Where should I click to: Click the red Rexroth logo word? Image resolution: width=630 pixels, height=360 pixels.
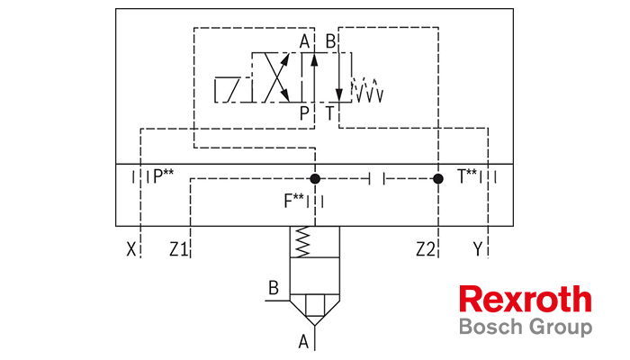pyautogui.click(x=526, y=299)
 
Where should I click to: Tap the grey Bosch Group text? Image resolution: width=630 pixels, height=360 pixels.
pyautogui.click(x=526, y=327)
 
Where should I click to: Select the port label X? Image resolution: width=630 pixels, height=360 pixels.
pyautogui.click(x=131, y=249)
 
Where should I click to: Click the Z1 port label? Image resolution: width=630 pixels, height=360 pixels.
pyautogui.click(x=178, y=249)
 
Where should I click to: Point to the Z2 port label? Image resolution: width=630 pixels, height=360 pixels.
pyautogui.click(x=426, y=249)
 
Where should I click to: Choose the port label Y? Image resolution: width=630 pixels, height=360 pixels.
pyautogui.click(x=477, y=249)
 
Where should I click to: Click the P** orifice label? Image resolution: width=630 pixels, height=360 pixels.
pyautogui.click(x=164, y=176)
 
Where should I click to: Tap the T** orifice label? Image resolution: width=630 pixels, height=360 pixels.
pyautogui.click(x=467, y=176)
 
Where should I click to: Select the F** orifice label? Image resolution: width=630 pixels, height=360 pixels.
pyautogui.click(x=293, y=201)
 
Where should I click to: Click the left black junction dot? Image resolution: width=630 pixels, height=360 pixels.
pyautogui.click(x=315, y=178)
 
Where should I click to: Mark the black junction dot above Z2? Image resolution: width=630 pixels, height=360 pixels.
pyautogui.click(x=438, y=178)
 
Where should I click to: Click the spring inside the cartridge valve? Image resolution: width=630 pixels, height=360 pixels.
pyautogui.click(x=302, y=241)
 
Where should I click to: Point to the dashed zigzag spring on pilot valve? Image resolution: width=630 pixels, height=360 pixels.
pyautogui.click(x=367, y=90)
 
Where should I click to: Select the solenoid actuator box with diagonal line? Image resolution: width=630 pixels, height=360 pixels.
pyautogui.click(x=227, y=89)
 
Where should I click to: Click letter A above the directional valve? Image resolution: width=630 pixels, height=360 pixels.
pyautogui.click(x=304, y=41)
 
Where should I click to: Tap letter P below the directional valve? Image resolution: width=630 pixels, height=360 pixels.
pyautogui.click(x=304, y=113)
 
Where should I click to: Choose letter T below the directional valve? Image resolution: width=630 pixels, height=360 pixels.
pyautogui.click(x=330, y=113)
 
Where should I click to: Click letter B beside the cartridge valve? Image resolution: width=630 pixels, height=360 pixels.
pyautogui.click(x=274, y=288)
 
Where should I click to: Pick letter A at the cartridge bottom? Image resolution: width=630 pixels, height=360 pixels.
pyautogui.click(x=303, y=342)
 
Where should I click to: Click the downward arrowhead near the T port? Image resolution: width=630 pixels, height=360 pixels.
pyautogui.click(x=339, y=94)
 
